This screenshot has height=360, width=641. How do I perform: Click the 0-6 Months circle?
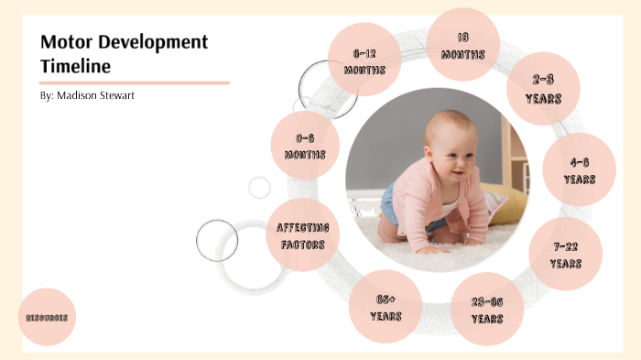[x=305, y=146]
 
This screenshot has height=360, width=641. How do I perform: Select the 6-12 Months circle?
[x=364, y=60]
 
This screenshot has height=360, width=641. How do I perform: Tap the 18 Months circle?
[x=463, y=45]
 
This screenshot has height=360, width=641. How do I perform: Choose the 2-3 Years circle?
[x=543, y=89]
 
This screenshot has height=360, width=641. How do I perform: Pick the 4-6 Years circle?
[x=579, y=169]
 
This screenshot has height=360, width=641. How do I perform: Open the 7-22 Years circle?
[x=565, y=254]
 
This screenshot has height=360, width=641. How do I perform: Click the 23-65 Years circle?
[x=487, y=310]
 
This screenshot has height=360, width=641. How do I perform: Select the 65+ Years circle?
[x=386, y=306]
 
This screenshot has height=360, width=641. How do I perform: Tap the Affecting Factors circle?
[x=303, y=235]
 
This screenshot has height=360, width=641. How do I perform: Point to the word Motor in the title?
[x=66, y=42]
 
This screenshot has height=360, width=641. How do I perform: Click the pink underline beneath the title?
[x=135, y=82]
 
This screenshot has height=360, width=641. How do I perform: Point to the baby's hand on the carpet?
[x=430, y=247]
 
